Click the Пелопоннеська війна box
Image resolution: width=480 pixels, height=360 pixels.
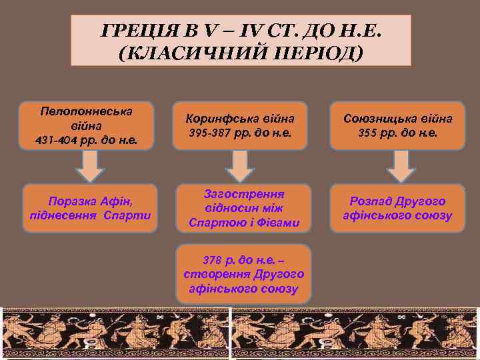(x=87, y=124)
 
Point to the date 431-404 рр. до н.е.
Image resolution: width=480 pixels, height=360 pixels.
(x=87, y=140)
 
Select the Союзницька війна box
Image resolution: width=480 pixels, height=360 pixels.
(x=398, y=124)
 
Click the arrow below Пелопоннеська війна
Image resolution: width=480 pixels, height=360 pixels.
(x=89, y=166)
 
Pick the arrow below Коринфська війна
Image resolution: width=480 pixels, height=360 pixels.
(x=240, y=166)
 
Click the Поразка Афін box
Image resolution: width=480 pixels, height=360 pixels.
(x=91, y=208)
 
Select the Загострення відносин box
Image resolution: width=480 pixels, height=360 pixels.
(x=244, y=208)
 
